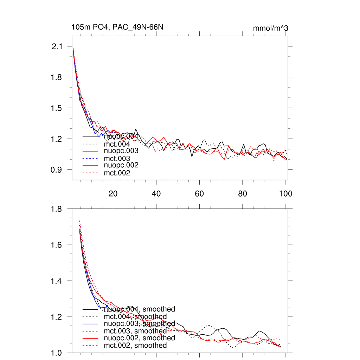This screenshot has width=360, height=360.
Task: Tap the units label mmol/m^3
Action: [270, 28]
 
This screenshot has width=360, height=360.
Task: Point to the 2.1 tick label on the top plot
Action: [57, 46]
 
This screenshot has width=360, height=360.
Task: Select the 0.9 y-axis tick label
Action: [57, 170]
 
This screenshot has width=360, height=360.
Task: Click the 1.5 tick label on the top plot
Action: [57, 108]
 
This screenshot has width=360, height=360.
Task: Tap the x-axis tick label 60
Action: [199, 193]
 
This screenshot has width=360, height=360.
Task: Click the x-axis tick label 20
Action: [113, 193]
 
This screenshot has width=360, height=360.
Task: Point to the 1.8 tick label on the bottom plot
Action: [57, 209]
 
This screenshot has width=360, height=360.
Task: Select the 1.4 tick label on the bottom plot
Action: [57, 281]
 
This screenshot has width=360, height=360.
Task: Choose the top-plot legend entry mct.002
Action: [117, 173]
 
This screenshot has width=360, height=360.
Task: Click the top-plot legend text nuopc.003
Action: [121, 151]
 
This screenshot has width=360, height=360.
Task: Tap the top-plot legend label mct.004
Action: [117, 144]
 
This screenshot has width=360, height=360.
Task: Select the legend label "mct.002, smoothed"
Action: [135, 346]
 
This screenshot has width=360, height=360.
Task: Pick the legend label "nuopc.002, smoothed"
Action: [140, 338]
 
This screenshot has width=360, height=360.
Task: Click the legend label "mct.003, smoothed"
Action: [135, 331]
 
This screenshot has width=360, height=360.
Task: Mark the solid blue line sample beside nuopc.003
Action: [90, 151]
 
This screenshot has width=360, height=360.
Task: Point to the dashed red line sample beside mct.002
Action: [90, 173]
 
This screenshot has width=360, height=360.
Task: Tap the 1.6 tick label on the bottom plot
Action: [57, 245]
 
